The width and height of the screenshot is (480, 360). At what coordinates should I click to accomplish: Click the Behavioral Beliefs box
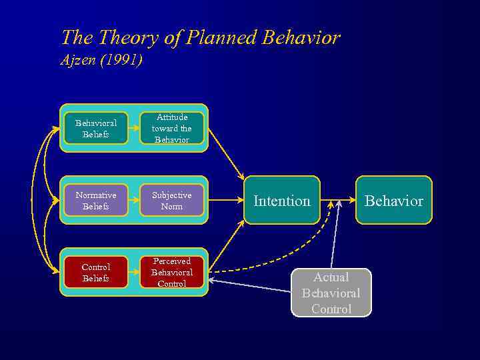tap(95, 128)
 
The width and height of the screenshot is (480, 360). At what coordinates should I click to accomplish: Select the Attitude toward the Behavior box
tap(171, 128)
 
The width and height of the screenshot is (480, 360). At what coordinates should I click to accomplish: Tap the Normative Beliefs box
tap(95, 200)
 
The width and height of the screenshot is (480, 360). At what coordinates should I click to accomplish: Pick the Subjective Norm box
tap(171, 200)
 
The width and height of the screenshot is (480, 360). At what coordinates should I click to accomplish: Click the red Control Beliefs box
tap(95, 272)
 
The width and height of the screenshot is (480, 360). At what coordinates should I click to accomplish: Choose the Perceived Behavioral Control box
tap(171, 272)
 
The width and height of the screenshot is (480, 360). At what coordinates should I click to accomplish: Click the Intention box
tap(282, 200)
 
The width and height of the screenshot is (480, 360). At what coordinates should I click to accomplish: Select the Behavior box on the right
tap(393, 200)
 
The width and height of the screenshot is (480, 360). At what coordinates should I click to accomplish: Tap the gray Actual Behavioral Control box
tap(331, 293)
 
